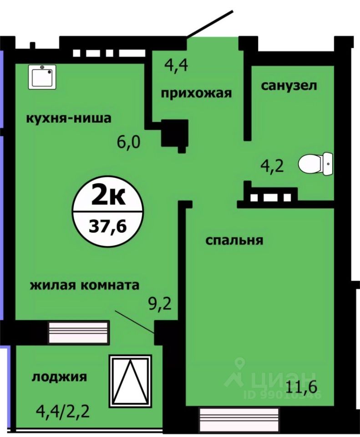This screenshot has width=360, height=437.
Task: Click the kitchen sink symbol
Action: (x=42, y=76)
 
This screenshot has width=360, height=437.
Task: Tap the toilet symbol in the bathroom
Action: (x=316, y=164)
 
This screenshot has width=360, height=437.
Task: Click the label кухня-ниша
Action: (x=69, y=118)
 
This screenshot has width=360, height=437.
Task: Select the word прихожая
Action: (x=197, y=93)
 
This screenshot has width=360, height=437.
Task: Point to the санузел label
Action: (x=289, y=86)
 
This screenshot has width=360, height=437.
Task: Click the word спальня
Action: (x=234, y=240)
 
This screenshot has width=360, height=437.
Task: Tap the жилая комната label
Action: (x=84, y=285)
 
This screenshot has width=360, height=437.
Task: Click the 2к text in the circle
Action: (x=108, y=197)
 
